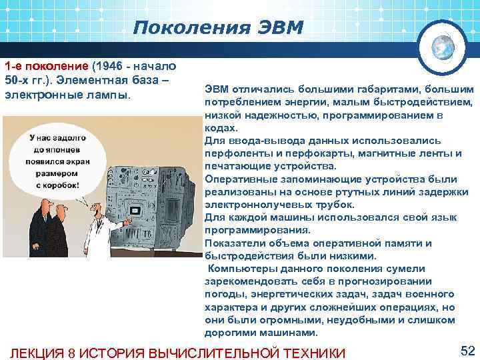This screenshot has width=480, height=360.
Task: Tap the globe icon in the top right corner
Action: pyautogui.click(x=443, y=45)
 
